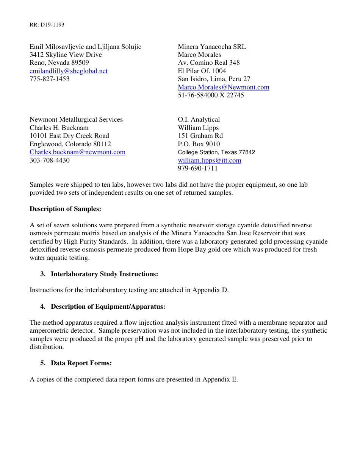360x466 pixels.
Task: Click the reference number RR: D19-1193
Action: pyautogui.click(x=47, y=25)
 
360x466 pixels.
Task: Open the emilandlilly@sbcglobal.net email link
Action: pyautogui.click(x=69, y=71)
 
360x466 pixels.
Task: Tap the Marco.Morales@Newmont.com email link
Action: pyautogui.click(x=224, y=87)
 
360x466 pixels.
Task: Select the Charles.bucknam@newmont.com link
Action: pyautogui.click(x=77, y=152)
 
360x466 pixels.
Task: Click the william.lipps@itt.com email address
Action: pyautogui.click(x=210, y=160)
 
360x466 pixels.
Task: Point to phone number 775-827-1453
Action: pyautogui.click(x=50, y=79)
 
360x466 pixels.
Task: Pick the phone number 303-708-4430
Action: pyautogui.click(x=50, y=160)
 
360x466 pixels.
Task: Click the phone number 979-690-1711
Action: pyautogui.click(x=198, y=168)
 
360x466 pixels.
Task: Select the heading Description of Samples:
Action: pyautogui.click(x=65, y=209)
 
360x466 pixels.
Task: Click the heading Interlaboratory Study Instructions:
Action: pyautogui.click(x=104, y=274)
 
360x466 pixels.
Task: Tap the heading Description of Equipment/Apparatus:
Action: pyautogui.click(x=108, y=306)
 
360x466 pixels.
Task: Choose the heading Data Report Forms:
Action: pyautogui.click(x=81, y=363)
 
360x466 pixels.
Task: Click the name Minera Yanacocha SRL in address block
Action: pyautogui.click(x=212, y=47)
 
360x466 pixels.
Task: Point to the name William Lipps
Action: pyautogui.click(x=198, y=128)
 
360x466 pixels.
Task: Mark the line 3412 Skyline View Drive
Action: pyautogui.click(x=66, y=55)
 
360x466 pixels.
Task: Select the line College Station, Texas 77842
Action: pyautogui.click(x=216, y=152)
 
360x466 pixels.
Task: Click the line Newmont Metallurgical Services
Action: pyautogui.click(x=76, y=119)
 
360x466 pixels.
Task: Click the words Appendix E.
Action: pyautogui.click(x=220, y=379)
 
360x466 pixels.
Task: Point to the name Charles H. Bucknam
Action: pyautogui.click(x=59, y=128)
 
